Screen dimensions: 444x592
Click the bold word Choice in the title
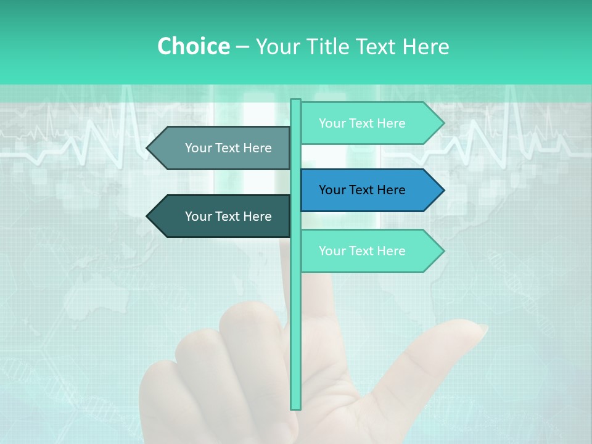pyautogui.click(x=193, y=46)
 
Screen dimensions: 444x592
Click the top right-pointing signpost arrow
pyautogui.click(x=370, y=123)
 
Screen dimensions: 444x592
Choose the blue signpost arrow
pyautogui.click(x=370, y=190)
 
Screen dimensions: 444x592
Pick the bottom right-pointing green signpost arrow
pyautogui.click(x=370, y=251)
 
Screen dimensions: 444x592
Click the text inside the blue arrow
pyautogui.click(x=362, y=190)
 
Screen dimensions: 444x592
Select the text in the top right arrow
pyautogui.click(x=362, y=123)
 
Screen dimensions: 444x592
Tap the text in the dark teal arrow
pyautogui.click(x=228, y=216)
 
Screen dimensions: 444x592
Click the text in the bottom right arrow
pyautogui.click(x=362, y=251)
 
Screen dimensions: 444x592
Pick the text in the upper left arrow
pyautogui.click(x=228, y=148)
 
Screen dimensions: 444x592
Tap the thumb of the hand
pyautogui.click(x=432, y=358)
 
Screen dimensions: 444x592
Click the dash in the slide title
pyautogui.click(x=242, y=47)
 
